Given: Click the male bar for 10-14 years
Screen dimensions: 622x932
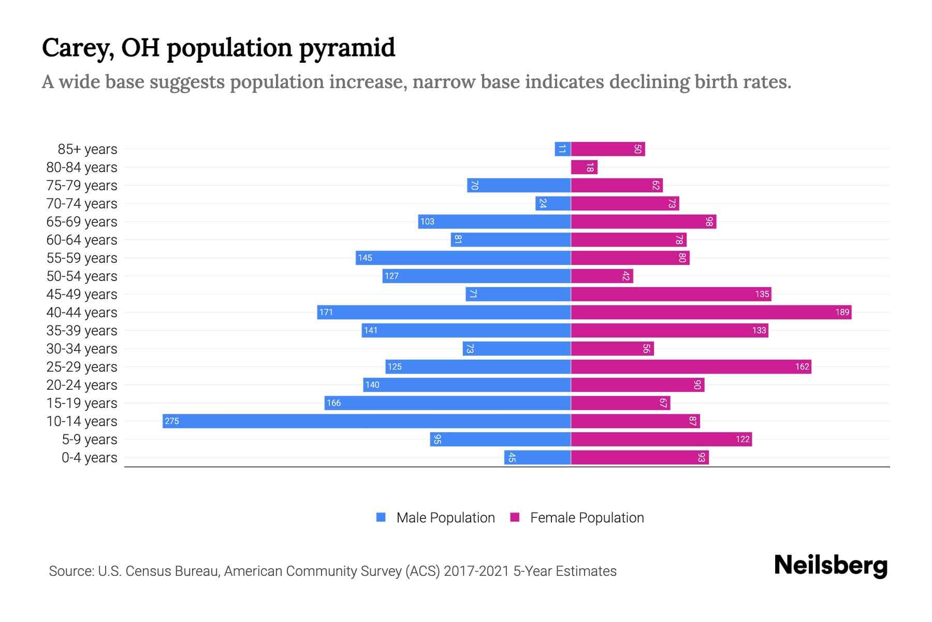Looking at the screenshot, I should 367,421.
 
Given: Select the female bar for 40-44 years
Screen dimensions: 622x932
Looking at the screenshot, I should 711,312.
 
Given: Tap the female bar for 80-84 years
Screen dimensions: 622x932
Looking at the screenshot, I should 584,167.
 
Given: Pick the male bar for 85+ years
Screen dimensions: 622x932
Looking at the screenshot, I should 563,149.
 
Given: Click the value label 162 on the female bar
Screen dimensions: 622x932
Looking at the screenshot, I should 802,366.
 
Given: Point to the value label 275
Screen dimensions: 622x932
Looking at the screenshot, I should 172,421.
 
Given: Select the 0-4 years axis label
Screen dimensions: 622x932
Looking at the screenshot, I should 89,458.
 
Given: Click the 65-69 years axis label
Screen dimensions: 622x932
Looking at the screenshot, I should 82,222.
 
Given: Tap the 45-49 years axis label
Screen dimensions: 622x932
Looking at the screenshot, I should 82,294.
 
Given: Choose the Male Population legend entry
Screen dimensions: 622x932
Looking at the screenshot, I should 445,517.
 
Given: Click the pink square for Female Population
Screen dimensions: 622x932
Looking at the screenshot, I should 515,517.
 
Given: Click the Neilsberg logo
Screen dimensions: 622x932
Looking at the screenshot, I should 831,566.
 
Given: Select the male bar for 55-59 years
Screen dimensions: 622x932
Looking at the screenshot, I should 463,258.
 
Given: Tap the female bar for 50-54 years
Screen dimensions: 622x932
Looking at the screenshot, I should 602,276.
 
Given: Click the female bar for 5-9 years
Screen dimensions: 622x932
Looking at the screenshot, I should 661,439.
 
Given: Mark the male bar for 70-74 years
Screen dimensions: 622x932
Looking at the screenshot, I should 553,203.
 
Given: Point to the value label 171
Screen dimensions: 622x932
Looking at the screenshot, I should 326,312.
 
